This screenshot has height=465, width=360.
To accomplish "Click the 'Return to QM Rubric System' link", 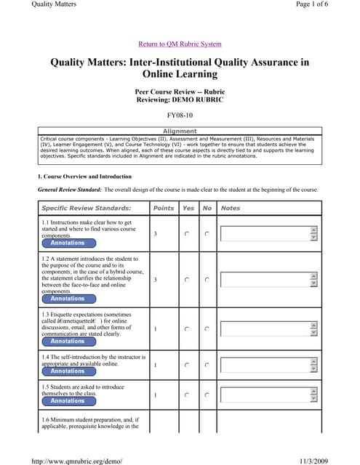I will [180, 44].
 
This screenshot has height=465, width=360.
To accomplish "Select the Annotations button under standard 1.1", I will [68, 243].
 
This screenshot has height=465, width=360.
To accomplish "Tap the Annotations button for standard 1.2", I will [68, 299].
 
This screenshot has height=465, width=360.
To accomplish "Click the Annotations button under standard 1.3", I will [68, 341].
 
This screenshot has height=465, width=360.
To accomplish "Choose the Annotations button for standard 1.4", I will [68, 371].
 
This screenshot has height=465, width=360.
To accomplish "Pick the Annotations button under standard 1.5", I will [68, 401].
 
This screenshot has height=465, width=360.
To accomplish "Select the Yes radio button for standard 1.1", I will [188, 234].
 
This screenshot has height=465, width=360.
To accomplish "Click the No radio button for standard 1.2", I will [207, 280].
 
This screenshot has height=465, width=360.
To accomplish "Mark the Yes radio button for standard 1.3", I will [188, 329].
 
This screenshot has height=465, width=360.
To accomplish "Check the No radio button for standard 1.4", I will [207, 365].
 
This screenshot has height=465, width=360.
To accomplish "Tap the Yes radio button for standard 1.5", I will [188, 395].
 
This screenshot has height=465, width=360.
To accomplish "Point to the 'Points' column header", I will [164, 209].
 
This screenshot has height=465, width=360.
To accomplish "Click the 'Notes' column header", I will [231, 209].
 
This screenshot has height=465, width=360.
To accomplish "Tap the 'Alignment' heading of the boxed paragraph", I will [180, 132].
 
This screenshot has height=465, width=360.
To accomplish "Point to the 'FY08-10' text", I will [180, 115].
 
